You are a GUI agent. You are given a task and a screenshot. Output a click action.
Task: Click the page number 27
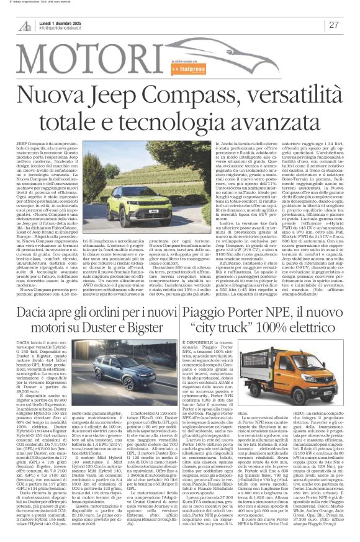click(x=334, y=24)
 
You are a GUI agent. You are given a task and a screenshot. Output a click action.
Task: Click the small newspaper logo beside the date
click(x=25, y=24)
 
